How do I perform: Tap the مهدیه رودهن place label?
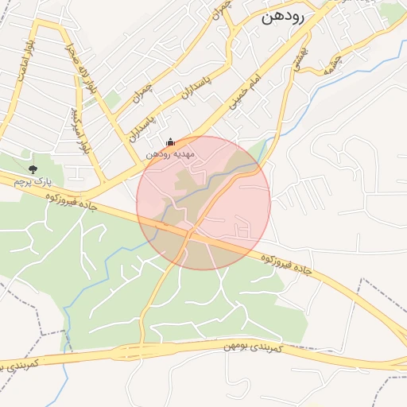tap(169, 154)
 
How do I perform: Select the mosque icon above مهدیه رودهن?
tap(169, 141)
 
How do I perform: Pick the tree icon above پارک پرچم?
tap(33, 169)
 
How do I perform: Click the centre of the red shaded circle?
tap(203, 203)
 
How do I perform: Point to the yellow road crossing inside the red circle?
tap(191, 233)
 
